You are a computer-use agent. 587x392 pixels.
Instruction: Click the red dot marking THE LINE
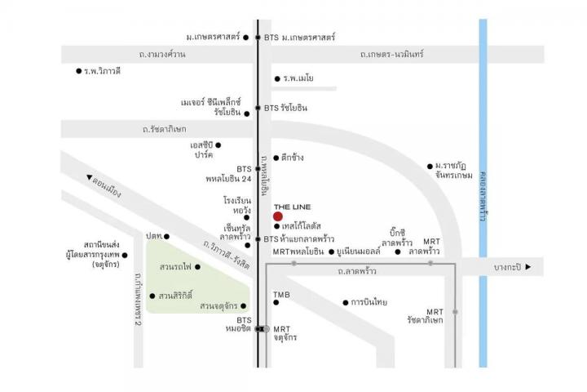coord(278,216)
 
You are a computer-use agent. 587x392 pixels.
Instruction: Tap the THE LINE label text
coord(293,207)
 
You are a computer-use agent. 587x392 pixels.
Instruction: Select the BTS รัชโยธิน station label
coord(285,108)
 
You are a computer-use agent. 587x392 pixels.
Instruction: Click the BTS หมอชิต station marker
coord(258,329)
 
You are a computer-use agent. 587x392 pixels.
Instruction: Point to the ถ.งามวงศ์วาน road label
coord(161,55)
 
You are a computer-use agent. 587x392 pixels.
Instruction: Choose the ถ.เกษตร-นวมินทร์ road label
coord(392,55)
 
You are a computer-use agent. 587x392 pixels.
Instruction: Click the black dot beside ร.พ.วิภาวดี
coord(78,71)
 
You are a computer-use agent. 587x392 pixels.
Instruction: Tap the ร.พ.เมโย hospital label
coord(298,78)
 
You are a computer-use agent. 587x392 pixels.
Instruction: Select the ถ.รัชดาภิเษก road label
coord(165,129)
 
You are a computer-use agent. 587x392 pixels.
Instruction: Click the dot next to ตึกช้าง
coord(276,158)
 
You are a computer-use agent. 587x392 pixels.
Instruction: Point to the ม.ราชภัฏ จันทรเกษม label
coord(454,171)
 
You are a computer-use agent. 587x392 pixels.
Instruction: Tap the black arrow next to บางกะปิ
coord(528,267)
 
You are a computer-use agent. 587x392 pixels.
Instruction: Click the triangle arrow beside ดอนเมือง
coord(89,177)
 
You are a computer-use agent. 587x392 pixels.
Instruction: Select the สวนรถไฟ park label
coord(175,267)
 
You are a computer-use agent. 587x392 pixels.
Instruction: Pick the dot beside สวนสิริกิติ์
coord(152,296)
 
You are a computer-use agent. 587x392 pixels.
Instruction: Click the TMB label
coord(281,295)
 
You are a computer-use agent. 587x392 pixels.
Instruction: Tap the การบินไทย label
coord(369,302)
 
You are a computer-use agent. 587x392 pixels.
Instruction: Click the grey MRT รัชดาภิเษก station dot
coord(455,312)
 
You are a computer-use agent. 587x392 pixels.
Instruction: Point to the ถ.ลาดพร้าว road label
coord(357,271)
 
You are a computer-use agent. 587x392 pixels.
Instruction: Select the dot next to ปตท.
coord(166,236)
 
